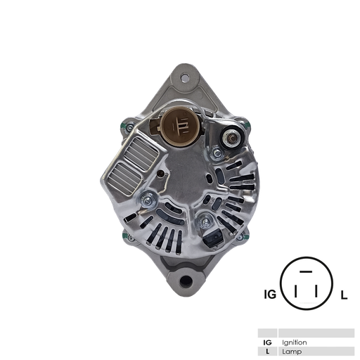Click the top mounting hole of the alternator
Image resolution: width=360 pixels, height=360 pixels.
(184, 73)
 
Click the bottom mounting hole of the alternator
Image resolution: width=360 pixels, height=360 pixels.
(186, 282)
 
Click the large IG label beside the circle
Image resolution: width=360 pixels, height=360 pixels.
(269, 295)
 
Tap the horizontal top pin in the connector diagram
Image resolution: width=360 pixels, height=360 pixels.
(306, 271)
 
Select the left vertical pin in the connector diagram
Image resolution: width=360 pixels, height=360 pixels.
(297, 291)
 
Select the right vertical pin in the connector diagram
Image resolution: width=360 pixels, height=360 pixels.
(316, 291)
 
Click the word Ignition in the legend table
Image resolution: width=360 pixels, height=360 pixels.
(294, 342)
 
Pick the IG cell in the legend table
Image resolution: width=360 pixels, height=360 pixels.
(267, 342)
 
